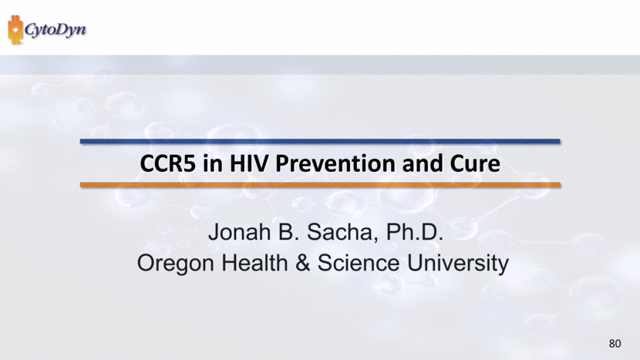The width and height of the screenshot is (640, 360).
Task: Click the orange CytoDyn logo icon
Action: point(15,29)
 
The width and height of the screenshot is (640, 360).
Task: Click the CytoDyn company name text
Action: point(56,30)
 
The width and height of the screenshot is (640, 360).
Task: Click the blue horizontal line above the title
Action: point(320,141)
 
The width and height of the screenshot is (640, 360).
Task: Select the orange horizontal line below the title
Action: point(320,185)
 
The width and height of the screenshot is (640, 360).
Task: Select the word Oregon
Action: point(176,263)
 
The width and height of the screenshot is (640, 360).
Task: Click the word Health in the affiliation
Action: point(254,263)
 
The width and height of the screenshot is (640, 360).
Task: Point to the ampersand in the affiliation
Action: point(302,263)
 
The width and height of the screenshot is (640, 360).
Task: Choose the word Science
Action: point(359,263)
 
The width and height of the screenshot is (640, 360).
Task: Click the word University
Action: point(458,263)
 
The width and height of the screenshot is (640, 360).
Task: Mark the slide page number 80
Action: point(615,344)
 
